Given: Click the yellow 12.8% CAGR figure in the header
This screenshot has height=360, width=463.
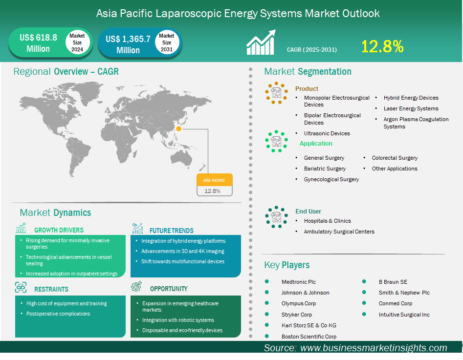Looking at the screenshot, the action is [382, 46].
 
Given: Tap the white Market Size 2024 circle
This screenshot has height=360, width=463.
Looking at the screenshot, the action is [77, 42].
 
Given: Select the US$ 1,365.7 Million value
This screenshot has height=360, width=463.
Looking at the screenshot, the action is [128, 44].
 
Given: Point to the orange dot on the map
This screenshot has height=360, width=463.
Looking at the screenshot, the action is [178, 128].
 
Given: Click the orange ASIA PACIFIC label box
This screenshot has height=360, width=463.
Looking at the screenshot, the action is [215, 180].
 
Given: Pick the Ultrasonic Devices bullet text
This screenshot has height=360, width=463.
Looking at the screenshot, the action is [327, 133].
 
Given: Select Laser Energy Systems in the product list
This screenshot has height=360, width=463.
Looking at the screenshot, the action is [411, 108].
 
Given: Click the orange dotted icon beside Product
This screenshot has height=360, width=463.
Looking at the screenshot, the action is [276, 93].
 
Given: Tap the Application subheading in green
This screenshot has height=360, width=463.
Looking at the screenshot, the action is [316, 144].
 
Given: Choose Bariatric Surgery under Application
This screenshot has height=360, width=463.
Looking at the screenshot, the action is [325, 169].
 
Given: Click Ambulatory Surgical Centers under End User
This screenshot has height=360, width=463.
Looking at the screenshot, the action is [339, 232].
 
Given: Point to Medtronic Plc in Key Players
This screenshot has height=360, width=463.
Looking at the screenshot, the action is [299, 282].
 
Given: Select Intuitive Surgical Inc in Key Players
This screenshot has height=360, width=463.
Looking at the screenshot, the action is [404, 315].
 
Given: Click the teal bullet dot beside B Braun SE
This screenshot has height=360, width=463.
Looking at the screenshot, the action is [364, 281].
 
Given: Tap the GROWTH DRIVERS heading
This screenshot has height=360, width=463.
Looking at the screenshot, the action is [59, 230].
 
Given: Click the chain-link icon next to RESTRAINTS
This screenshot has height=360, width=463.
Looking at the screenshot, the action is [21, 287].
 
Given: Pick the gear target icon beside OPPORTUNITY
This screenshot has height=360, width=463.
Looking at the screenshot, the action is [136, 286].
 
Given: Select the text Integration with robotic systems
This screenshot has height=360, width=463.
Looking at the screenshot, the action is [178, 320].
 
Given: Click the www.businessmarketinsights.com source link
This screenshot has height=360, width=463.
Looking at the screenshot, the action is [374, 348].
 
